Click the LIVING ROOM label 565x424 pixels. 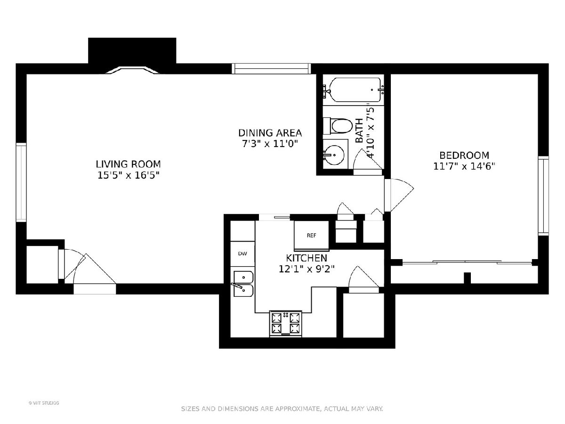click(x=128, y=164)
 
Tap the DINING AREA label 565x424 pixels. click(x=270, y=133)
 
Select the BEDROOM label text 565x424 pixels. click(x=464, y=155)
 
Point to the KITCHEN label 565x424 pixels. click(x=307, y=258)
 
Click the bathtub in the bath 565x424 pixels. click(x=354, y=90)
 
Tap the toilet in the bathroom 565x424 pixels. click(x=338, y=126)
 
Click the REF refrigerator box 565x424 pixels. click(x=312, y=236)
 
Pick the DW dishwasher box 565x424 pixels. click(x=242, y=253)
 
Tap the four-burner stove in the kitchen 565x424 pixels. click(x=286, y=324)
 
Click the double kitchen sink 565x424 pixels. click(x=243, y=284)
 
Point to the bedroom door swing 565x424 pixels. click(x=399, y=195)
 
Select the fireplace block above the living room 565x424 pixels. click(x=132, y=50)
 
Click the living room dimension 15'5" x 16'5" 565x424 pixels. click(x=128, y=175)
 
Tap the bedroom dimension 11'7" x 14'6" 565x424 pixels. click(x=464, y=166)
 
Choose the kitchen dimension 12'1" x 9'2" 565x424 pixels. click(x=307, y=269)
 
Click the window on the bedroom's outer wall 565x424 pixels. click(x=543, y=196)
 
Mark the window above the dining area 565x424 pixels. click(x=271, y=68)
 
